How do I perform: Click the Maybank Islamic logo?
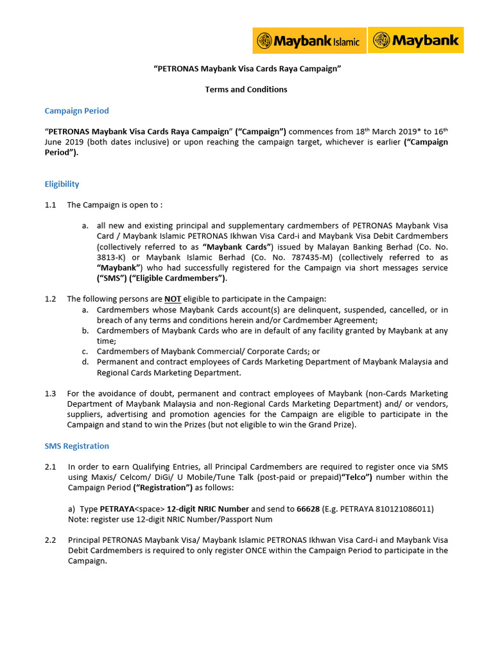pos(309,40)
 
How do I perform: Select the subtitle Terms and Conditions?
pos(246,89)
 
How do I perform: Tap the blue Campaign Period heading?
pos(76,111)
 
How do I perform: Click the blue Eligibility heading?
pos(62,184)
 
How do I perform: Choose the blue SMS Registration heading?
pos(76,446)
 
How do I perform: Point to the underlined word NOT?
pos(173,299)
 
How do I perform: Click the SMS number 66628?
pos(308,509)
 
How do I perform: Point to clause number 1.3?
pos(51,393)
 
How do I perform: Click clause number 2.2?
pos(51,540)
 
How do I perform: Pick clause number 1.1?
pos(51,205)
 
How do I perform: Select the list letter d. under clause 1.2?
pos(85,362)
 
